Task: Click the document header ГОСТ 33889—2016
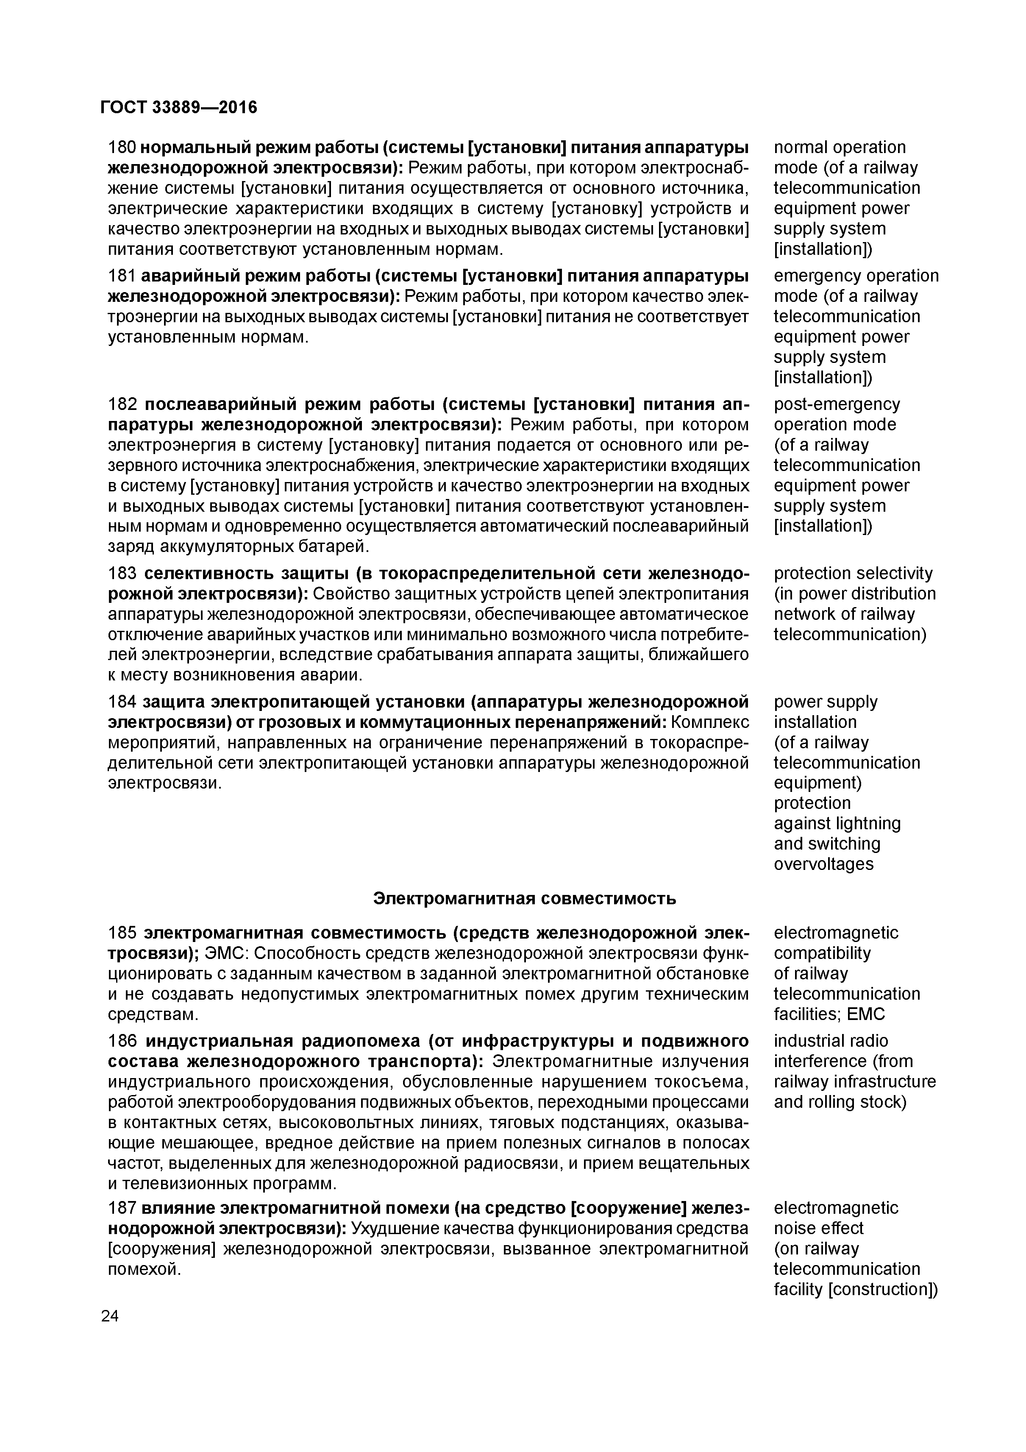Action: (178, 108)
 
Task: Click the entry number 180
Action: (121, 148)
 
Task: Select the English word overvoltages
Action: (823, 864)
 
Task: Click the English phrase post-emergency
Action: (836, 404)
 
